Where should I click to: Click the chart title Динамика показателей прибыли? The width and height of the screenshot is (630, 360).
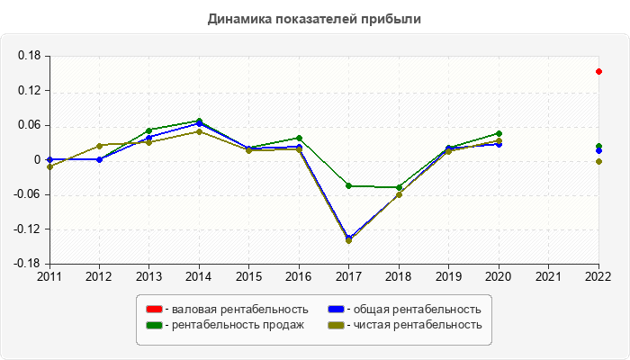pyautogui.click(x=314, y=18)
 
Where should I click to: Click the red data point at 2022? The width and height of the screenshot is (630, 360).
pyautogui.click(x=598, y=71)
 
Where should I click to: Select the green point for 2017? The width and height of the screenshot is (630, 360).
pyautogui.click(x=349, y=185)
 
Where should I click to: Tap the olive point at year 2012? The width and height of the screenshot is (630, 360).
pyautogui.click(x=99, y=146)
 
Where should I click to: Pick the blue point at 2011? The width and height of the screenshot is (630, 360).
pyautogui.click(x=49, y=159)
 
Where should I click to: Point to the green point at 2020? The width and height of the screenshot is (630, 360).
pyautogui.click(x=499, y=133)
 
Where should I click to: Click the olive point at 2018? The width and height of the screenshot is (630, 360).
pyautogui.click(x=399, y=194)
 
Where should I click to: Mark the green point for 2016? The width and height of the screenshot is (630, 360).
pyautogui.click(x=299, y=138)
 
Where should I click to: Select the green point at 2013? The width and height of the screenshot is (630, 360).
pyautogui.click(x=149, y=130)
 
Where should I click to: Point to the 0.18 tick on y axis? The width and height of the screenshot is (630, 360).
pyautogui.click(x=30, y=56)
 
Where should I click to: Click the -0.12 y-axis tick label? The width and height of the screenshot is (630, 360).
pyautogui.click(x=28, y=229)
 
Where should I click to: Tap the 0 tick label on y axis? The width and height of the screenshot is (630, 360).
pyautogui.click(x=38, y=160)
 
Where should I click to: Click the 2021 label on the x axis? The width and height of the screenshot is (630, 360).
pyautogui.click(x=548, y=275)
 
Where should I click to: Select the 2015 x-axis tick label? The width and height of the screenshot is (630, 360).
pyautogui.click(x=249, y=275)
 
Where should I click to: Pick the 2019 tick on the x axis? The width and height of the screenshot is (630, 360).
pyautogui.click(x=449, y=275)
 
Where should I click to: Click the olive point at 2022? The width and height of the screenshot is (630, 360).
pyautogui.click(x=598, y=161)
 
